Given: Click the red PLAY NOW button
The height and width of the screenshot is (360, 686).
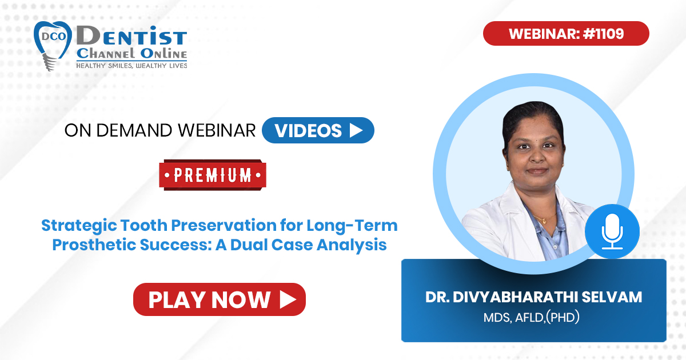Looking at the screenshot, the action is click(220, 299).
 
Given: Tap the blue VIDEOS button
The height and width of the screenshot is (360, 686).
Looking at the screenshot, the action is click(318, 130).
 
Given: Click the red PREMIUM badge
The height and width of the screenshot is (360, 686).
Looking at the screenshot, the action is click(213, 175).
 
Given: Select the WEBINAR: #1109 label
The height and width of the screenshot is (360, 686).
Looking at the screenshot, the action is click(566, 33).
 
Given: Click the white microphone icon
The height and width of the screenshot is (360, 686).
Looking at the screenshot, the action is click(612, 231).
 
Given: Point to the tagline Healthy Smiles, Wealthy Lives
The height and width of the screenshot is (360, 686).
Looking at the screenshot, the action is click(131, 66).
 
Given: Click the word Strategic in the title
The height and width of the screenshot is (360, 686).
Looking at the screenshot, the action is click(79, 226).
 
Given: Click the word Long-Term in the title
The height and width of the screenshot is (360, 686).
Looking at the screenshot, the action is click(352, 226).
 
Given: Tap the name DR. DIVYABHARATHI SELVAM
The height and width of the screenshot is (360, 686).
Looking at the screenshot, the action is click(533, 297).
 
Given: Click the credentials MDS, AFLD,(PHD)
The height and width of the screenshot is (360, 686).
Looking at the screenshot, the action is click(531, 317).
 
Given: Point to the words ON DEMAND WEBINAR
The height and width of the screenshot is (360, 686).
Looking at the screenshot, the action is click(160, 130).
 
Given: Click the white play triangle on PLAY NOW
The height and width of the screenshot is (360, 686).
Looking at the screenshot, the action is click(288, 299).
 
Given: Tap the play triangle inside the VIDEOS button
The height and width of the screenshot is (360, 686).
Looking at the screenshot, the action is click(356, 130).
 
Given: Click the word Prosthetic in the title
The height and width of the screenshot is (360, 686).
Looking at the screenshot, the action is click(93, 245).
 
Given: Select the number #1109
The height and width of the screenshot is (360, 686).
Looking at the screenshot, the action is click(603, 33).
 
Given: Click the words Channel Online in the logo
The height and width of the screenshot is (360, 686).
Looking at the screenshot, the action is click(131, 54).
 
